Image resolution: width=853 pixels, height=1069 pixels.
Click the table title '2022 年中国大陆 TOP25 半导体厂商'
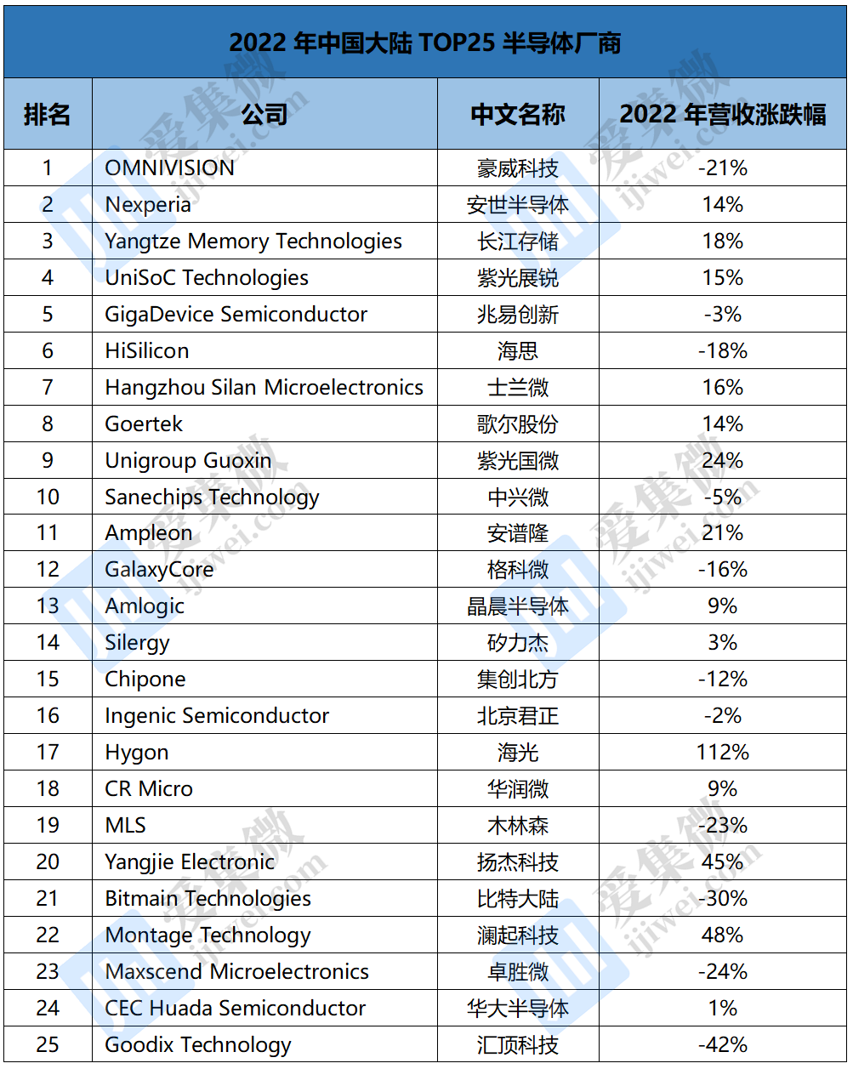click(x=425, y=43)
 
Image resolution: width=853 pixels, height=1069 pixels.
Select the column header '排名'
click(x=48, y=115)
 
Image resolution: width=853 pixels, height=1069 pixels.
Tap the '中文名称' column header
click(x=518, y=115)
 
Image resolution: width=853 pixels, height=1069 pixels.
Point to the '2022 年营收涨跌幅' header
click(x=723, y=115)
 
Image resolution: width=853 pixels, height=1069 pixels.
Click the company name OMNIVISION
click(x=169, y=168)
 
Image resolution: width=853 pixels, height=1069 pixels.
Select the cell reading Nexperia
click(x=148, y=204)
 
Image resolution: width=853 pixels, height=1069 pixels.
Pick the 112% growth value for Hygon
click(x=723, y=752)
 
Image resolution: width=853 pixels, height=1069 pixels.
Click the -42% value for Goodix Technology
click(x=723, y=1044)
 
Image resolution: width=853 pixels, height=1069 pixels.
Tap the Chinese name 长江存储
click(x=518, y=241)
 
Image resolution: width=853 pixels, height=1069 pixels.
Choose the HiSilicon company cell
click(x=147, y=350)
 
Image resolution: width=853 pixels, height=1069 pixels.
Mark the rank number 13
click(x=48, y=606)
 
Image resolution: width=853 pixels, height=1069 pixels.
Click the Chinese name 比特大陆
click(x=518, y=898)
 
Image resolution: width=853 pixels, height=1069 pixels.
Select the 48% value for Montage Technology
click(x=723, y=935)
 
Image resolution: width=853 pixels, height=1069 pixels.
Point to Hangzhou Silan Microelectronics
click(x=264, y=387)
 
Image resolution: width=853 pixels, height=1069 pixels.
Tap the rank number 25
click(x=48, y=1044)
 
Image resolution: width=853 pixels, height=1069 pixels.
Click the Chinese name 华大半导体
click(x=518, y=1008)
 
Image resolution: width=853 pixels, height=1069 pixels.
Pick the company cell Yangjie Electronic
click(x=190, y=861)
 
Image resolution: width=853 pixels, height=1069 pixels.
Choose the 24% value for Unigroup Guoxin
click(x=723, y=460)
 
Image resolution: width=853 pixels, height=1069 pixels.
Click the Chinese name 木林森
click(x=518, y=825)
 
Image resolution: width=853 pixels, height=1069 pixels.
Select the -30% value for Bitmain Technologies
click(x=723, y=898)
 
